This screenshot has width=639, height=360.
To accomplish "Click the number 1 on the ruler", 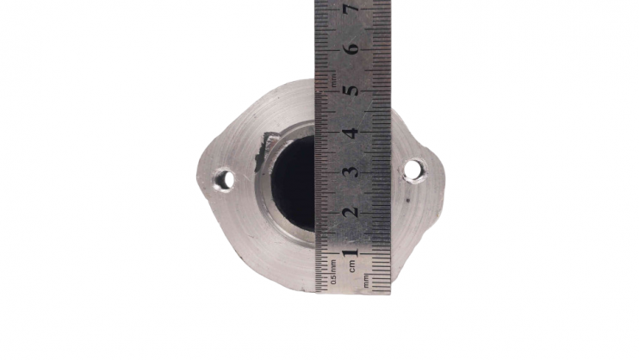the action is tap(351, 252).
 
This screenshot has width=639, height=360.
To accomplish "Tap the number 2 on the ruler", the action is tap(351, 212).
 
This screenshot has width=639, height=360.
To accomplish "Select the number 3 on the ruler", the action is tap(351, 171).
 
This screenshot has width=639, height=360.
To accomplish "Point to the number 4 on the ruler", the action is tap(351, 133).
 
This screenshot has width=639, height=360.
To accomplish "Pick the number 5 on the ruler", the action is tap(351, 90).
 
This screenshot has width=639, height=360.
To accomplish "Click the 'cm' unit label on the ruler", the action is tap(352, 266).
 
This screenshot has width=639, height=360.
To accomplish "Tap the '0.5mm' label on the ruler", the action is tap(333, 272).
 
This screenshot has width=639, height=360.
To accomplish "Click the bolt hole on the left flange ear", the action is tap(224, 179).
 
